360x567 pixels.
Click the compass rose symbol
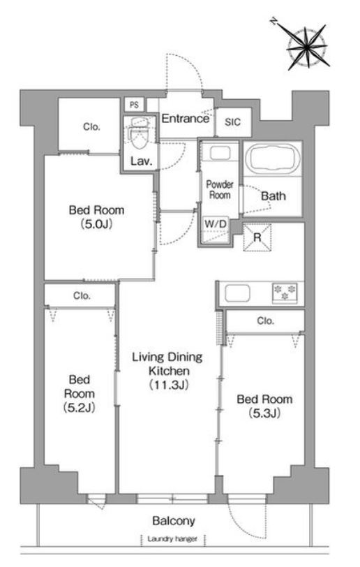[306, 45]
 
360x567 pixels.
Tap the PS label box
[134, 105]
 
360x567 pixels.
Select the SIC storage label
[232, 122]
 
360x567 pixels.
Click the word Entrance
[185, 119]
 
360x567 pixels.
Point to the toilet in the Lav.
[139, 134]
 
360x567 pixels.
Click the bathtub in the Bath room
[273, 158]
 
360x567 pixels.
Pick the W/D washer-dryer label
[216, 224]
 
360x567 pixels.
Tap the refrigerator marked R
[257, 237]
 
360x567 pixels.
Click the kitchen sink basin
[237, 293]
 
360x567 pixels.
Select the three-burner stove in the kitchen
[285, 293]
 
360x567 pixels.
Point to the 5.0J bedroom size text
[96, 224]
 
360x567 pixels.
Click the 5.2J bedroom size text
[79, 408]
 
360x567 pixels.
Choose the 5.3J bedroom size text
[264, 413]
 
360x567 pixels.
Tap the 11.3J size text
[169, 385]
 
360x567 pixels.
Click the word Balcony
[174, 521]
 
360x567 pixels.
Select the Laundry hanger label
[172, 539]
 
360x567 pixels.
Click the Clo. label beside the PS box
[91, 127]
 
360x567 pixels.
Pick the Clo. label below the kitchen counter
[265, 321]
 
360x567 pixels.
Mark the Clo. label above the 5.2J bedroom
[82, 296]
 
